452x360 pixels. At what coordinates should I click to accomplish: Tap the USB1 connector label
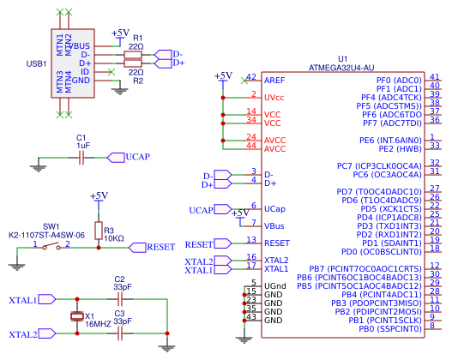(37, 63)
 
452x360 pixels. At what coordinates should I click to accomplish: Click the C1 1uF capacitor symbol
(83, 157)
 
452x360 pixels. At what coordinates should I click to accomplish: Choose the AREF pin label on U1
(274, 80)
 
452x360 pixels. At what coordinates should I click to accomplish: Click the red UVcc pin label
(275, 97)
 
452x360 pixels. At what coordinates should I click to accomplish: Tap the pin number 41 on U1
(435, 76)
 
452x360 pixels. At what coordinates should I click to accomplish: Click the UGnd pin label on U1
(275, 285)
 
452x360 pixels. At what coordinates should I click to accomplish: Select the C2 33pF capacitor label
(120, 284)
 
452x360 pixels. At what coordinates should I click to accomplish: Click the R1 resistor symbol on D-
(133, 54)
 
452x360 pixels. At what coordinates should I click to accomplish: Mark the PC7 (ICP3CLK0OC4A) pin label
(379, 165)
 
